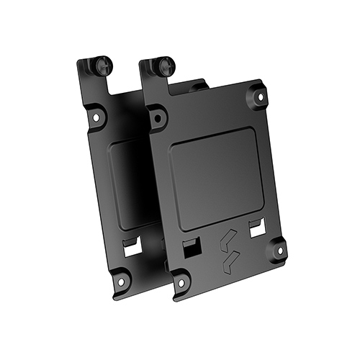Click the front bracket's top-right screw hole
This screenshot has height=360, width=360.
(256, 93)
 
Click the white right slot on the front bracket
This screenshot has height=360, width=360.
(256, 229)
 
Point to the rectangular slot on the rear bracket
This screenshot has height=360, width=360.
(130, 246)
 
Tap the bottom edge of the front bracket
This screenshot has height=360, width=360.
(230, 281)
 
